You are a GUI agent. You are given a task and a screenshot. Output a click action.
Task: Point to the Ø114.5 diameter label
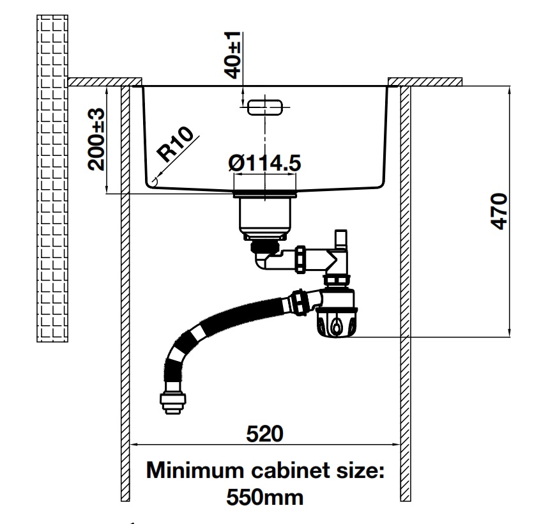coord(264,164)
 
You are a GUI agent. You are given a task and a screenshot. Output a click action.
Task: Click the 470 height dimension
coord(499,210)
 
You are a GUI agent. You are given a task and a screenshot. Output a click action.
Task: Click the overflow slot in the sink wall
coord(265,106)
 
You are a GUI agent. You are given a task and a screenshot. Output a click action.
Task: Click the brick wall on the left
coord(52,179)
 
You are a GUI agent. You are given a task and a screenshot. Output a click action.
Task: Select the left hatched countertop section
coord(104,81)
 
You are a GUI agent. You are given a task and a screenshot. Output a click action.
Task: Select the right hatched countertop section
coord(425,81)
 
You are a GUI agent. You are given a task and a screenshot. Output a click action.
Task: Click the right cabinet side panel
coord(405,288)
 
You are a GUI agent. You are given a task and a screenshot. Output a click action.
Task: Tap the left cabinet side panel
coord(126,288)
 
